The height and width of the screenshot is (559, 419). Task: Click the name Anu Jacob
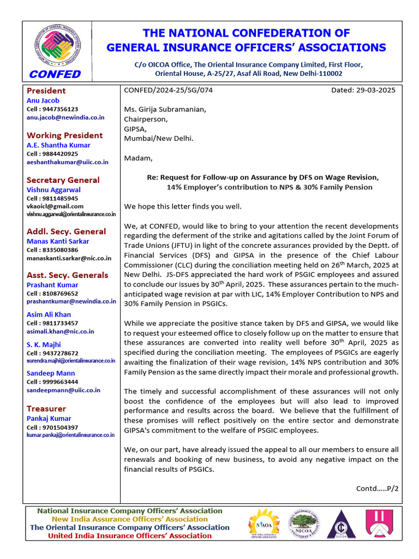[43, 100]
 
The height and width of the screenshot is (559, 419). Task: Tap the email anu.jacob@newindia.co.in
[65, 117]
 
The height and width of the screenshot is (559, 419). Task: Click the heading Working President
[64, 135]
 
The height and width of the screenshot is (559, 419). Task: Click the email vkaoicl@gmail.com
[55, 206]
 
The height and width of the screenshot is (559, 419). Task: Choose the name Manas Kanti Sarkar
[58, 241]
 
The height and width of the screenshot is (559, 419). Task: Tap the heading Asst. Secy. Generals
[68, 275]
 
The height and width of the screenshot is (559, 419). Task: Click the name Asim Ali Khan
[49, 314]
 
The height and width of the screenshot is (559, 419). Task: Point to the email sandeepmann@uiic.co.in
[63, 390]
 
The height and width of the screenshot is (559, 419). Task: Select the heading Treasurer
[46, 408]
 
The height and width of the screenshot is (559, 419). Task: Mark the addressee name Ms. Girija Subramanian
[165, 109]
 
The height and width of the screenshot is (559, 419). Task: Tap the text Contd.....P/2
[377, 488]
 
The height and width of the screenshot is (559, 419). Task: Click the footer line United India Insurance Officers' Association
[130, 536]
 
